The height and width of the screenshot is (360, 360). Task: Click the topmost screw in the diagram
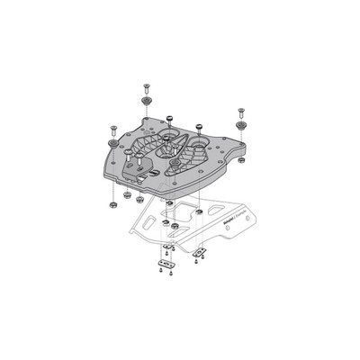pos(145,88)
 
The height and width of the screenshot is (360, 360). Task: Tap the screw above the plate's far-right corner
pos(240,113)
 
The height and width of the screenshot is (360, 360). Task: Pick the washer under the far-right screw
pos(240,127)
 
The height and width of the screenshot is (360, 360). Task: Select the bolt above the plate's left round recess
pos(169,120)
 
